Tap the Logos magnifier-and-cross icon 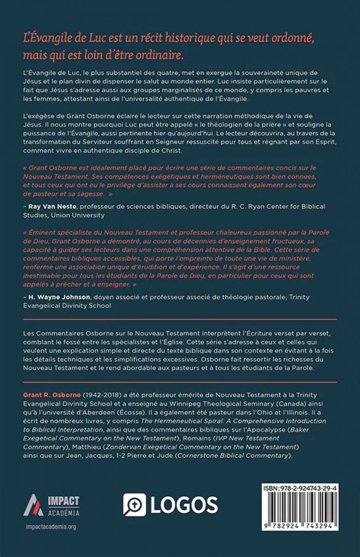(134, 504)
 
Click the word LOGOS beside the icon (184, 505)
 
